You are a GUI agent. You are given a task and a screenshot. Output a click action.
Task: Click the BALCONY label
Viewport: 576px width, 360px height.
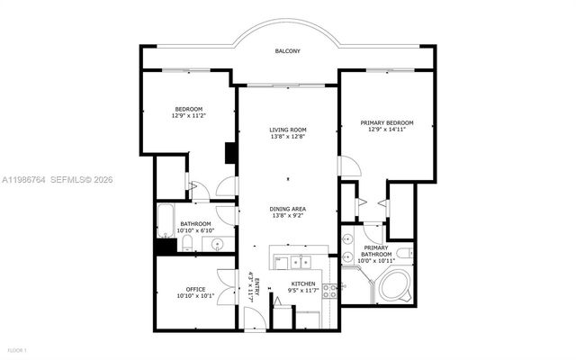point(288,51)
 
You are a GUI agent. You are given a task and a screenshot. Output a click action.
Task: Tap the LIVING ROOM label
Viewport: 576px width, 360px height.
point(288,130)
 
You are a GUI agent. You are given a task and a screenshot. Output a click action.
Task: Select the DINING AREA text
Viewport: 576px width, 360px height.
point(288,209)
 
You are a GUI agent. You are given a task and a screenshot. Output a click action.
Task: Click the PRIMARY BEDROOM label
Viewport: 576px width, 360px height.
point(386,122)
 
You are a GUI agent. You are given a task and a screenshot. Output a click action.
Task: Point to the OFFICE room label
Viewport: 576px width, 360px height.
point(195,289)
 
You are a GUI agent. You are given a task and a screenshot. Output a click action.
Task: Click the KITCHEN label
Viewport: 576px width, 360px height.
point(301,283)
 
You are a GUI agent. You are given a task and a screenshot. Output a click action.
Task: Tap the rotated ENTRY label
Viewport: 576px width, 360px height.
point(257,288)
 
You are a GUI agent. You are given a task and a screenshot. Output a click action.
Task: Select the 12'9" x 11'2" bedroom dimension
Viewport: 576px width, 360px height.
point(188,115)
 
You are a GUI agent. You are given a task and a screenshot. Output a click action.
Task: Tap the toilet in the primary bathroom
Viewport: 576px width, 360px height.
point(403,253)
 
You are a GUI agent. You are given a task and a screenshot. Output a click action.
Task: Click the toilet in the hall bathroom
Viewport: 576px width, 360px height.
point(192,243)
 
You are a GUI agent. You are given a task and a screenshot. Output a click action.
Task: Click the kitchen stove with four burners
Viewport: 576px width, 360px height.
point(331,290)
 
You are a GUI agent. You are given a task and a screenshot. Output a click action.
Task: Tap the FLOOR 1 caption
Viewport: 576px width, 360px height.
point(16,348)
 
